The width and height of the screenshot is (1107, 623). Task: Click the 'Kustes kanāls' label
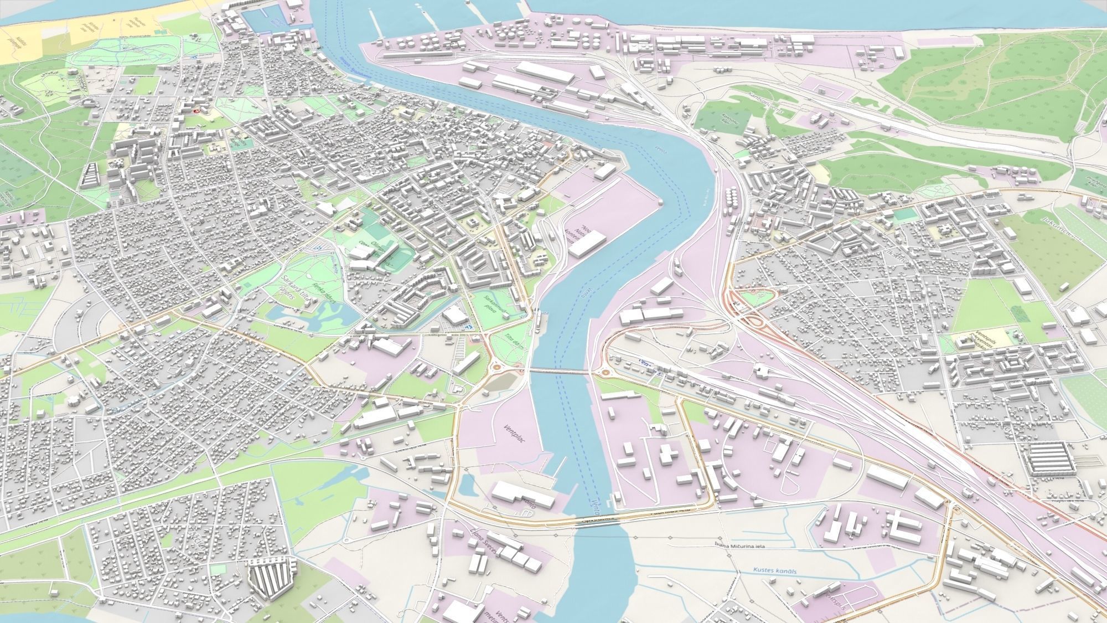click(x=774, y=571)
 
